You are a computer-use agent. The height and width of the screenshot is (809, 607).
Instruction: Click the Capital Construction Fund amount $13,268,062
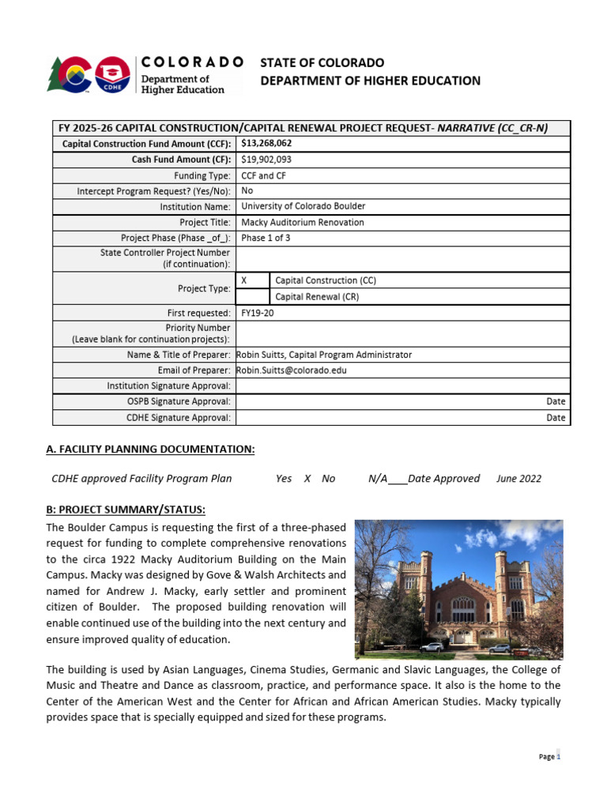266,143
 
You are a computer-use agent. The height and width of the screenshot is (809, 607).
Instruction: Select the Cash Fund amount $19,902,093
266,160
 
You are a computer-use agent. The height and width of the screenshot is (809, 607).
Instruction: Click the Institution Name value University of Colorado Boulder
303,206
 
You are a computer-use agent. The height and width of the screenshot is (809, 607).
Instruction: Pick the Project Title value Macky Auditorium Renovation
302,222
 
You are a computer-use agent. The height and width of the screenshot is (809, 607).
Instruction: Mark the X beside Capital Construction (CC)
243,280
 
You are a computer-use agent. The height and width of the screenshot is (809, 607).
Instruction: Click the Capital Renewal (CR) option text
315,297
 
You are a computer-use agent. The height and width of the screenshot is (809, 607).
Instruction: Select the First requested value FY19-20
258,313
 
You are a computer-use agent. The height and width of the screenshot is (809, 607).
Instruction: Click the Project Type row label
205,288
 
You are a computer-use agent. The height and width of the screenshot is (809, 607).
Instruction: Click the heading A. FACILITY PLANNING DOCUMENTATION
150,449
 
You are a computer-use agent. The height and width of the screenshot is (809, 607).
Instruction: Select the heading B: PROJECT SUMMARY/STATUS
126,509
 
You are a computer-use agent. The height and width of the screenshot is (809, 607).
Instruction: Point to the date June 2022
519,479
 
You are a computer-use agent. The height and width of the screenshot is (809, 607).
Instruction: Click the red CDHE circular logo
113,76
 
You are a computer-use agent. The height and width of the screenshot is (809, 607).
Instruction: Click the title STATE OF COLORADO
322,62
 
